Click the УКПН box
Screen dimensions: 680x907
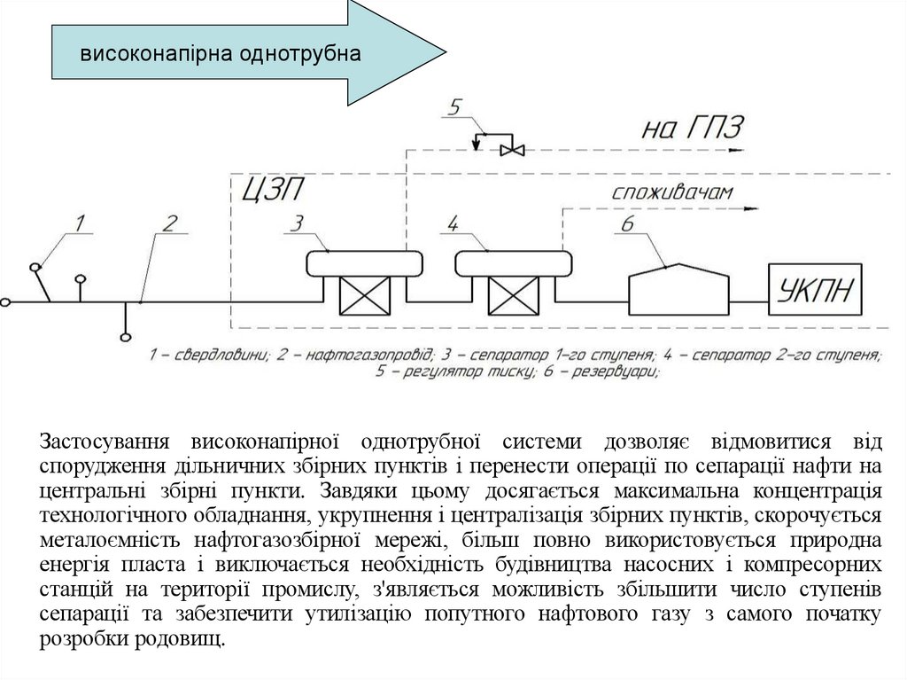tap(815, 289)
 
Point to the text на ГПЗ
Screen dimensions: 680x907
tap(691, 129)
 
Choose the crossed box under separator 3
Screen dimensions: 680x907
tap(365, 295)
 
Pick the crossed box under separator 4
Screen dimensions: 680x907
tap(514, 295)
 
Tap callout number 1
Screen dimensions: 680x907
tap(80, 223)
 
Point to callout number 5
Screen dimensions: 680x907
tap(454, 109)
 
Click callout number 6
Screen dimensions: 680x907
tap(626, 224)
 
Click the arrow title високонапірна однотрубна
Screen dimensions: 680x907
tap(221, 53)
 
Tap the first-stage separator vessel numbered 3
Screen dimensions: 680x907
tap(365, 262)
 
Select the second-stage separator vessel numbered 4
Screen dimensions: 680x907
tap(514, 262)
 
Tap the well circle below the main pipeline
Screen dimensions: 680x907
tap(125, 336)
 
